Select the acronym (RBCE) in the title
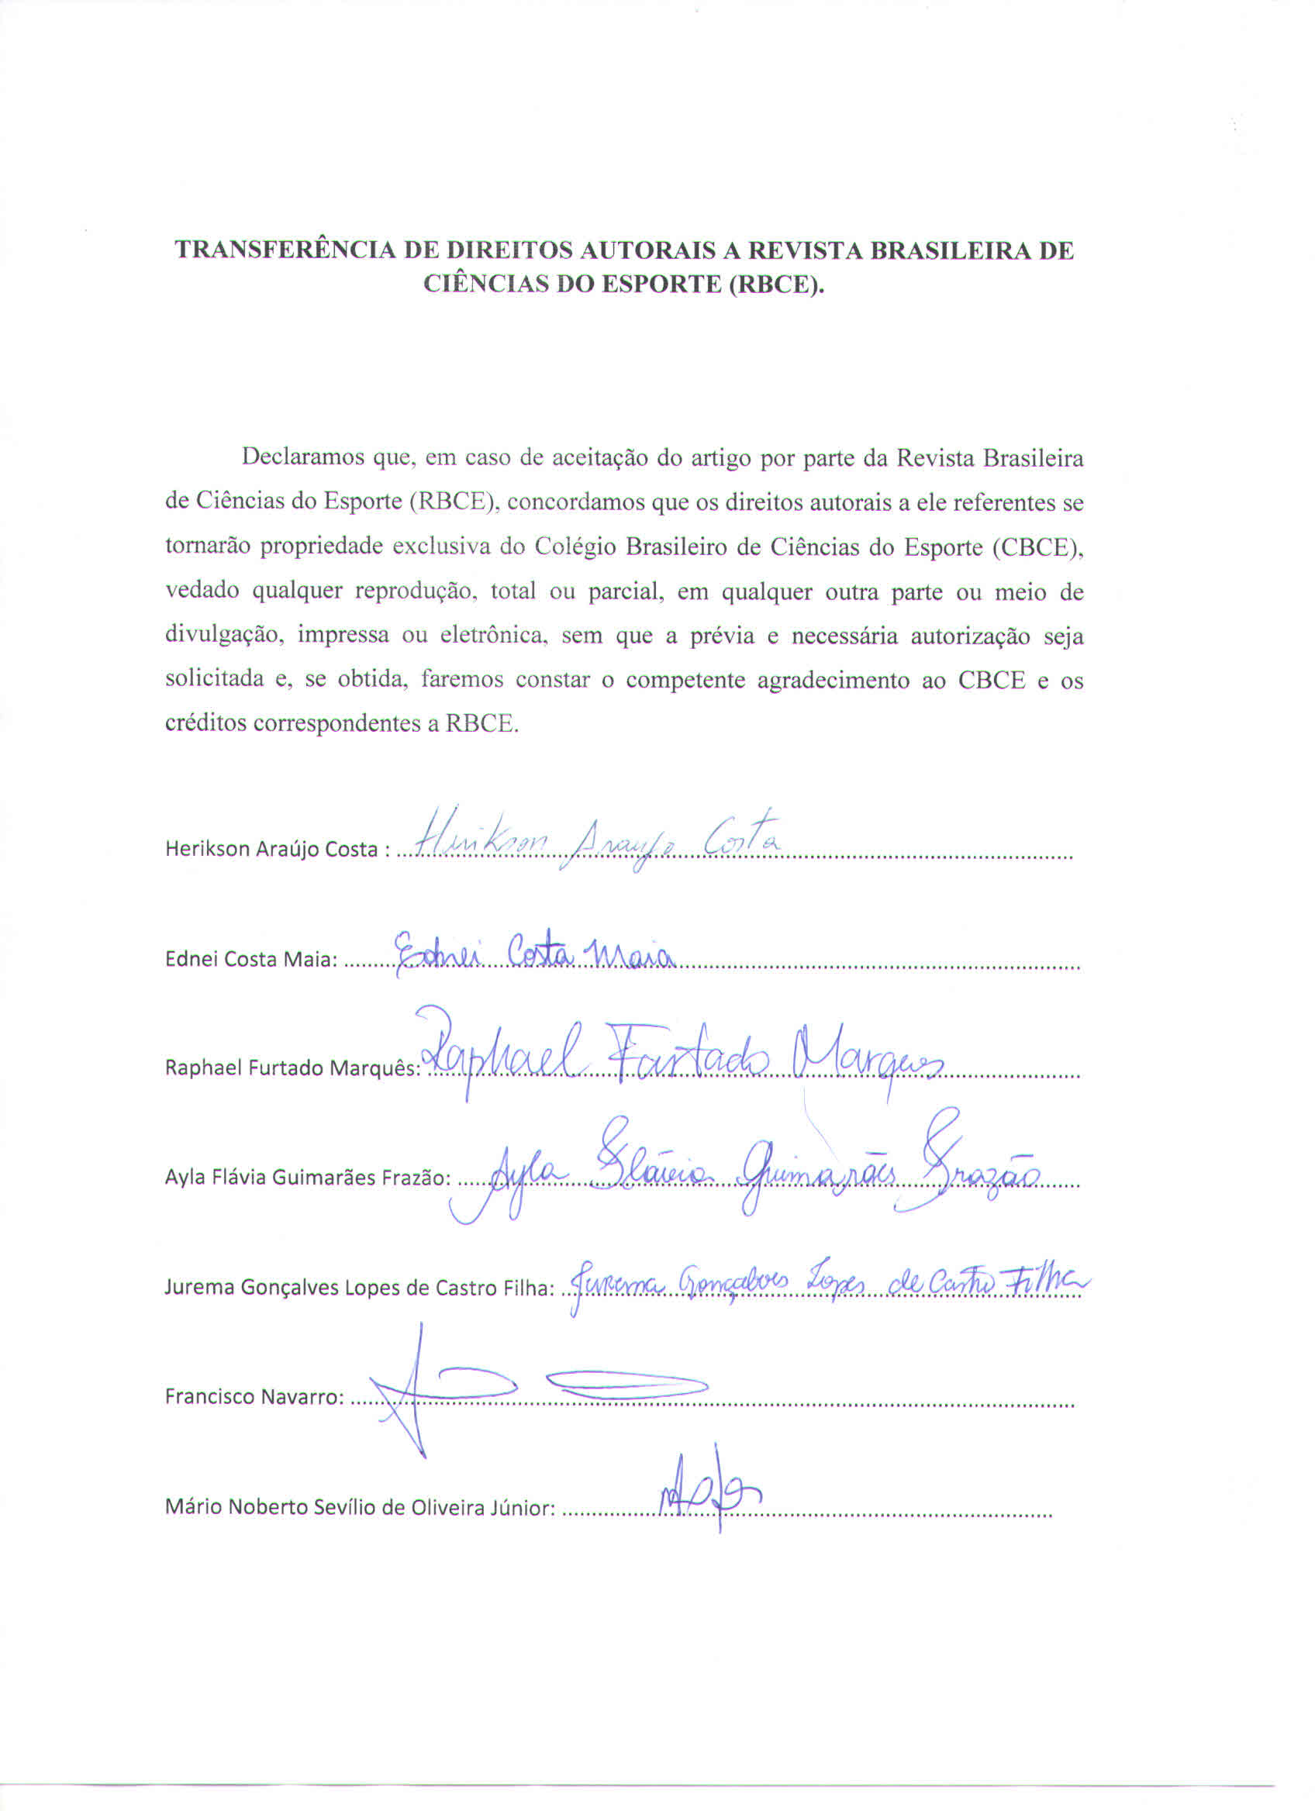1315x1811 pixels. pyautogui.click(x=775, y=285)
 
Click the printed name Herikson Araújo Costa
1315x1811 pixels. pyautogui.click(x=271, y=849)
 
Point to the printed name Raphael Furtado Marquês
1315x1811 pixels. pyautogui.click(x=291, y=1068)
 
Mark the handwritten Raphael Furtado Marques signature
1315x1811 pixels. pyautogui.click(x=678, y=1054)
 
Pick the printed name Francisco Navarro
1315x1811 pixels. pyautogui.click(x=254, y=1397)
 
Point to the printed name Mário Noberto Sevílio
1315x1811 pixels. pyautogui.click(x=358, y=1508)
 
